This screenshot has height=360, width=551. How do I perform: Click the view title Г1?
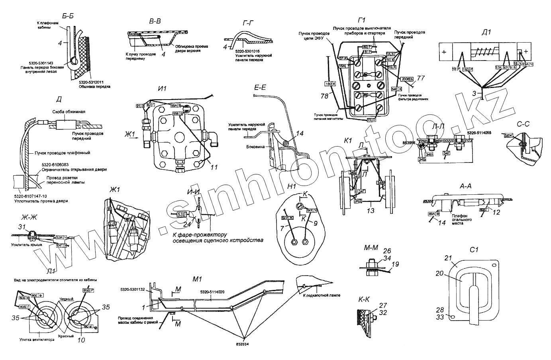[x=362, y=20]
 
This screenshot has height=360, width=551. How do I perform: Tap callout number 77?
[x=421, y=78]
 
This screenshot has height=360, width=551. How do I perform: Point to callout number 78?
[x=325, y=96]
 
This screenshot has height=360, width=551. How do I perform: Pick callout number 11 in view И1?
[x=214, y=168]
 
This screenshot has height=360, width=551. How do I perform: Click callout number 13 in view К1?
[x=371, y=210]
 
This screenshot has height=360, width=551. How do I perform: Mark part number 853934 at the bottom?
[x=243, y=344]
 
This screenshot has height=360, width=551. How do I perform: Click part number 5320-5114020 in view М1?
[x=212, y=292]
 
